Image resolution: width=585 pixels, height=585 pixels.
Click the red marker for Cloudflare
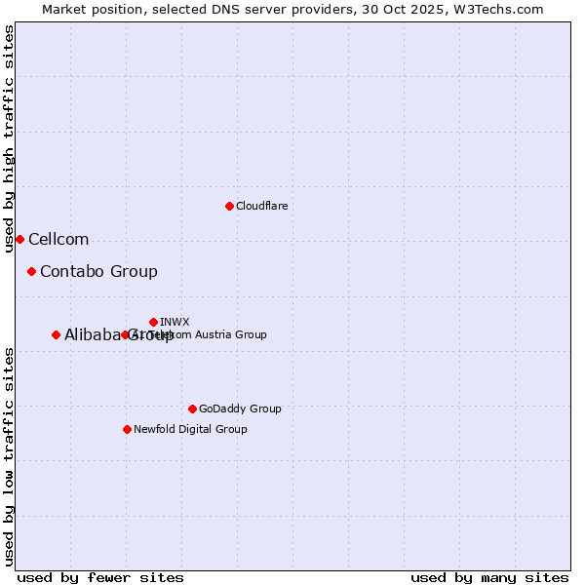[229, 206]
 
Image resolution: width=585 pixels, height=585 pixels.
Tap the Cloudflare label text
[261, 206]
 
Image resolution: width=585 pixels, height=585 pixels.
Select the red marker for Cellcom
[19, 239]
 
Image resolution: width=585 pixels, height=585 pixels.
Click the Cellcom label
[58, 240]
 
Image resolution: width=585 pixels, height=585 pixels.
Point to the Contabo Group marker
[32, 271]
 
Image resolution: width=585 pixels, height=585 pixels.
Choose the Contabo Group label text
[98, 272]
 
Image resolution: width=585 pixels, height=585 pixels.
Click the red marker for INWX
[153, 322]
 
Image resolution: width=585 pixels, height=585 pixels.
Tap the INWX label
[175, 322]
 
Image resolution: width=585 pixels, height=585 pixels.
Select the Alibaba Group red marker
[56, 334]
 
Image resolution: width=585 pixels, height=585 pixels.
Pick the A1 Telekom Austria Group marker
[125, 334]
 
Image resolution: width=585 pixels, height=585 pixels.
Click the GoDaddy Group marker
[192, 409]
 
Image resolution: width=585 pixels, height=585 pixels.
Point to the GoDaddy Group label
[240, 409]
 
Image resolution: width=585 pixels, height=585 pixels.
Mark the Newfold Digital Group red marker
[127, 429]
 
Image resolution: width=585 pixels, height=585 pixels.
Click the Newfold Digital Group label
[190, 429]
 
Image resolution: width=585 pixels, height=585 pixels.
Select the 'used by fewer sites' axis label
[100, 577]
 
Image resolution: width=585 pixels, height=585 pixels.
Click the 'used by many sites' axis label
[489, 577]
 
